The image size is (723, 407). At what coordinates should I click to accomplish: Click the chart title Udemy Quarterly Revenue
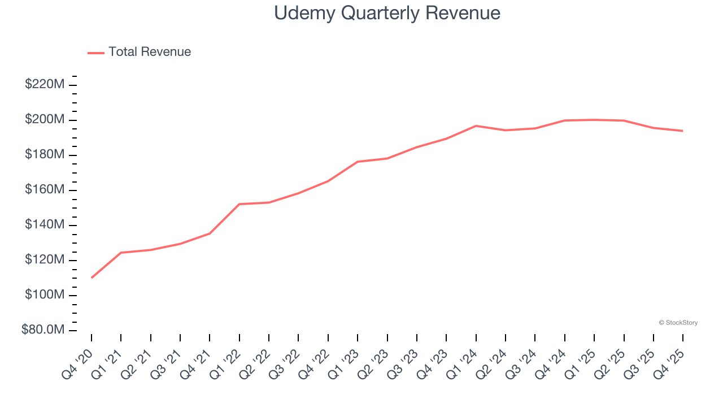point(387,13)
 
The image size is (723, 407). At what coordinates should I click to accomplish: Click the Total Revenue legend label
point(150,52)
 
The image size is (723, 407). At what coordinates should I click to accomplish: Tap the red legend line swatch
point(96,53)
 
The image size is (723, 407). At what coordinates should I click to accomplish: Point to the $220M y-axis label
point(45,85)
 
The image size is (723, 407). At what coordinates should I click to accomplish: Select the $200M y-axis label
point(45,120)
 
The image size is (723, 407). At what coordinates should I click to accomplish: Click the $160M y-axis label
point(45,190)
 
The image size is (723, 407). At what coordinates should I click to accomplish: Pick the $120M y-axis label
point(45,260)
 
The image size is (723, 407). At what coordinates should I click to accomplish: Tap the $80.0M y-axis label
point(43,330)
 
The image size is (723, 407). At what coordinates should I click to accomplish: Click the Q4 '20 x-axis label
point(79,356)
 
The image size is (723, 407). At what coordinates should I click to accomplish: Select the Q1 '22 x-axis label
point(227,356)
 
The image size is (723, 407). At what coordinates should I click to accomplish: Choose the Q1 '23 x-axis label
point(346,356)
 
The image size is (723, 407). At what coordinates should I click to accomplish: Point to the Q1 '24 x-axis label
point(464,356)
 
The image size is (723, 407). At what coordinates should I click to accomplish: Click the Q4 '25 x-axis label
point(671,356)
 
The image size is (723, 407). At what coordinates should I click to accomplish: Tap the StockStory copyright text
point(678,323)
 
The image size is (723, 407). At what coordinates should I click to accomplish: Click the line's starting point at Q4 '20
point(92,278)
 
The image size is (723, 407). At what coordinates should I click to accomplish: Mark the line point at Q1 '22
point(239,204)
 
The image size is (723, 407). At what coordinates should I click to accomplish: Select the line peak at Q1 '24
point(476,125)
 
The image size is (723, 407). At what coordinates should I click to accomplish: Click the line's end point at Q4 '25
point(683,131)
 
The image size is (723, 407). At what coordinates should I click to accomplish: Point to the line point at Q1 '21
point(121,253)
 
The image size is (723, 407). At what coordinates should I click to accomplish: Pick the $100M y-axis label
point(45,295)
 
